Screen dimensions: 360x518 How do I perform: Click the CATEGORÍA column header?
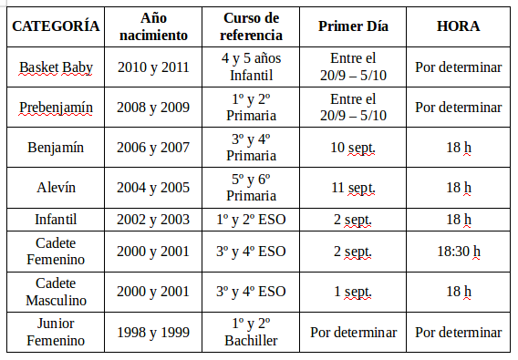(x=56, y=26)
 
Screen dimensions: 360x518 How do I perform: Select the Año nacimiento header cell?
(x=153, y=26)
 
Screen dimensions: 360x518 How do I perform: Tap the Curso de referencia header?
(x=252, y=26)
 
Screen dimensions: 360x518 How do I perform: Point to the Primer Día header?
(x=353, y=26)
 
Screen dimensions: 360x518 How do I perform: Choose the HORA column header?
(x=458, y=26)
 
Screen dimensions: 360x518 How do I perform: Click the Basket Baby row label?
(x=56, y=67)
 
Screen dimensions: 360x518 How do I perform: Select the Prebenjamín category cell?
(x=56, y=108)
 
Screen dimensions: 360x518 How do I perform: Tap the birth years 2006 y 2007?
(x=153, y=148)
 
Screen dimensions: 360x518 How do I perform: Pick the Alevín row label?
(x=56, y=188)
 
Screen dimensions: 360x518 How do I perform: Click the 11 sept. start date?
(x=353, y=188)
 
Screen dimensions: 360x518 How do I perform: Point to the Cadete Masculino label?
(x=56, y=292)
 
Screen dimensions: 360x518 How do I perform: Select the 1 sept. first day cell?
(x=353, y=292)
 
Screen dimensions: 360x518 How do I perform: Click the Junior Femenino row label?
(x=56, y=332)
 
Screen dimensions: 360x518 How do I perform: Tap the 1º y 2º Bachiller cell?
(x=252, y=332)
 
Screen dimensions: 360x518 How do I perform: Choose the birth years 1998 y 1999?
(x=153, y=332)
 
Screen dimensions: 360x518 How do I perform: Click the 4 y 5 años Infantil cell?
(x=252, y=67)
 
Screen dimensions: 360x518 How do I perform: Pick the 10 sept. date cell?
(x=353, y=148)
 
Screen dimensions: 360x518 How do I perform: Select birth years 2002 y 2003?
(x=153, y=220)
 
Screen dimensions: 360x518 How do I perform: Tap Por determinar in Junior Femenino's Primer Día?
(x=353, y=332)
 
